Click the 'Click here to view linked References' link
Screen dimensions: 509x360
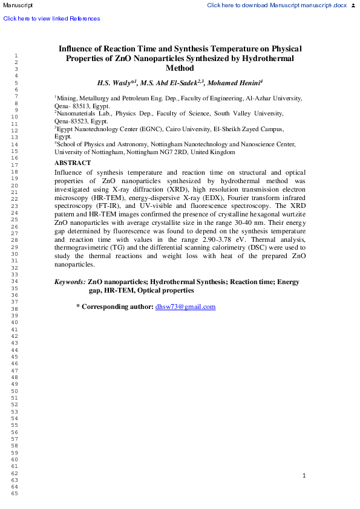(51, 19)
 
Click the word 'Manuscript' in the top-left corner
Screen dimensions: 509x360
(17, 5)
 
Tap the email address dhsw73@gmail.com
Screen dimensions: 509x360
(185, 307)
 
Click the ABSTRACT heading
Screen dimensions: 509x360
(73, 163)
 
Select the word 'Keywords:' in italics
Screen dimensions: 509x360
(70, 282)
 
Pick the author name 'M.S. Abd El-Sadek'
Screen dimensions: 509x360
(170, 83)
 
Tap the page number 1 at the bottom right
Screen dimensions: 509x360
(304, 476)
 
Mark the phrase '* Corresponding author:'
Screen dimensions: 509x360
(114, 307)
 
